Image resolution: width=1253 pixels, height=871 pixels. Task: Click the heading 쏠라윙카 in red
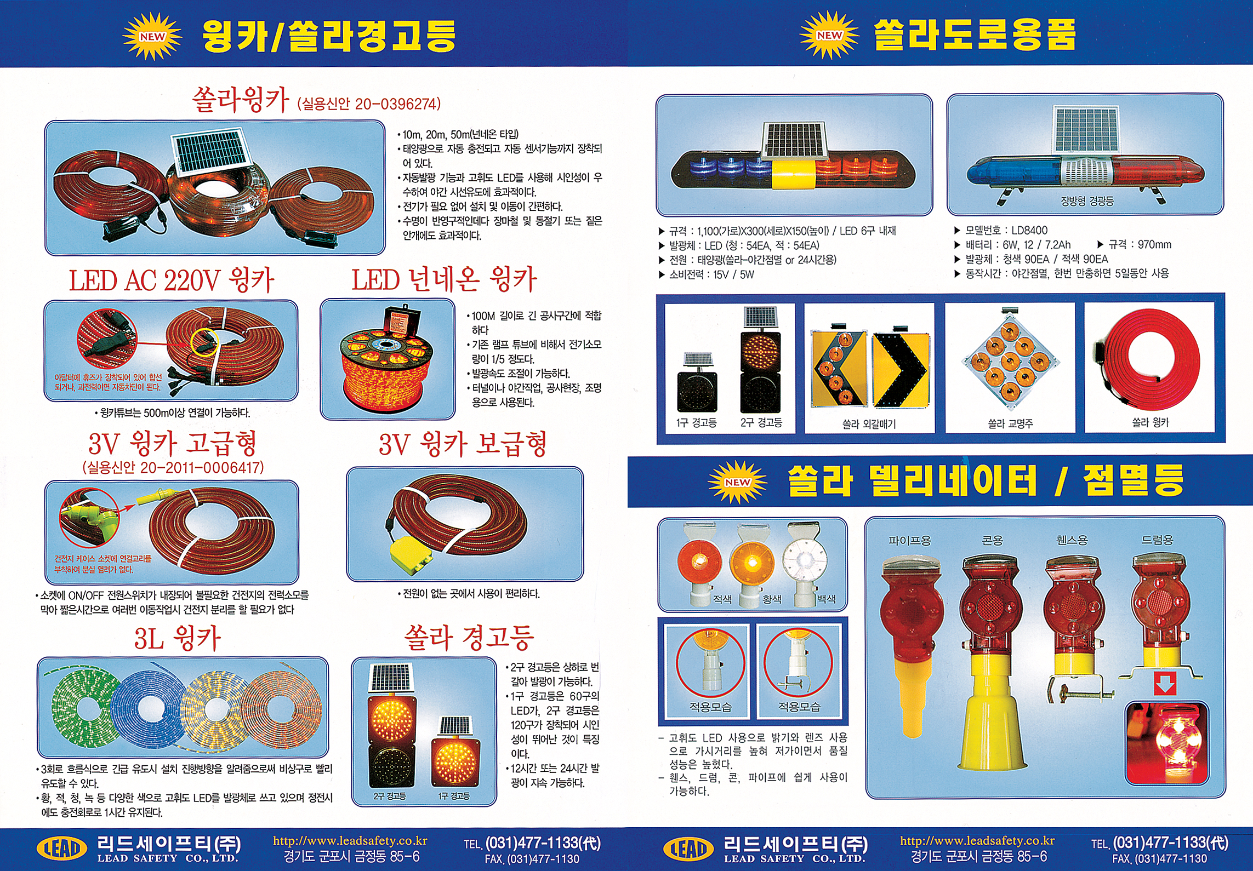click(x=240, y=100)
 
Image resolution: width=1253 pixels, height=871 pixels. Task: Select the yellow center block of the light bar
click(x=794, y=175)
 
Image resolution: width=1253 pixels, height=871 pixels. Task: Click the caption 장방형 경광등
click(x=1087, y=201)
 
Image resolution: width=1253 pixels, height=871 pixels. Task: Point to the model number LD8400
click(x=1029, y=231)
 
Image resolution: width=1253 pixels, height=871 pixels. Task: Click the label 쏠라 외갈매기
click(x=869, y=423)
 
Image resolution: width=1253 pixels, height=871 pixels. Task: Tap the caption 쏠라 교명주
click(x=1010, y=423)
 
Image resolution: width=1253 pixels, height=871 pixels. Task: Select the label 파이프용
click(x=910, y=541)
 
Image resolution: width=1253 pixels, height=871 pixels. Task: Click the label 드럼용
click(x=1157, y=540)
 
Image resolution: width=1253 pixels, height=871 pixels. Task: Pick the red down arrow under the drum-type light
click(x=1165, y=684)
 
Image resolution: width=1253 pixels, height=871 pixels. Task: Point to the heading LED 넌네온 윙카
click(x=445, y=280)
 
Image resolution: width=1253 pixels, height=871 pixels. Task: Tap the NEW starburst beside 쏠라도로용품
click(x=829, y=35)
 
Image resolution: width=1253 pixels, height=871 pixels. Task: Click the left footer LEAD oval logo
click(x=61, y=849)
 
